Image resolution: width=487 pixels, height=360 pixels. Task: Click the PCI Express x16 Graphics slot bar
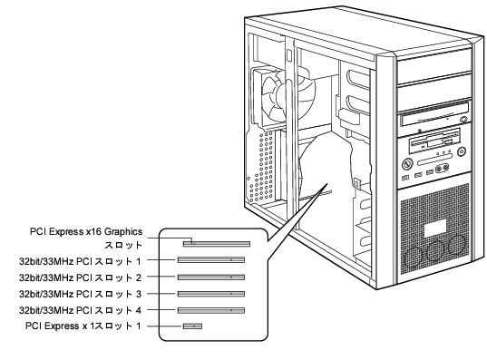(x=217, y=244)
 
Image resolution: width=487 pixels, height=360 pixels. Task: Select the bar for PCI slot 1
(x=211, y=260)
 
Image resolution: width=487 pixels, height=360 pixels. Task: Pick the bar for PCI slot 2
(x=211, y=277)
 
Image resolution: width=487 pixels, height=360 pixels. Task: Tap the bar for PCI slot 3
(x=211, y=294)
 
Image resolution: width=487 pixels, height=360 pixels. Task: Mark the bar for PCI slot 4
(x=211, y=310)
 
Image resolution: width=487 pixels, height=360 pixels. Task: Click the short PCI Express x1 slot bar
(x=192, y=326)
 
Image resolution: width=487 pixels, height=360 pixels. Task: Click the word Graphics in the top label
(x=123, y=232)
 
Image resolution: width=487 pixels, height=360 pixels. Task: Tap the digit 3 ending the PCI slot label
(x=139, y=294)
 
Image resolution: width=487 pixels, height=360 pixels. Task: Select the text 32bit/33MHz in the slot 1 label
(x=46, y=261)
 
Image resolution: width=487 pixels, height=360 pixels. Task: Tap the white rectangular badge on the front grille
(x=435, y=229)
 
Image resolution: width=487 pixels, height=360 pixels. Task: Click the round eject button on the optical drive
(x=464, y=120)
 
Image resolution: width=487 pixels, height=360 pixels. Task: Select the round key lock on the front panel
(x=407, y=164)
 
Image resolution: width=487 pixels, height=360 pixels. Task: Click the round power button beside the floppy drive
(x=462, y=152)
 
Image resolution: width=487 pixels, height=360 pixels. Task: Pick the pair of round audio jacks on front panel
(x=443, y=169)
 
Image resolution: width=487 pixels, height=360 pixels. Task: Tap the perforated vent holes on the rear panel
(x=261, y=166)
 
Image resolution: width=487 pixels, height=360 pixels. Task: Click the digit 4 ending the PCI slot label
(x=139, y=310)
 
